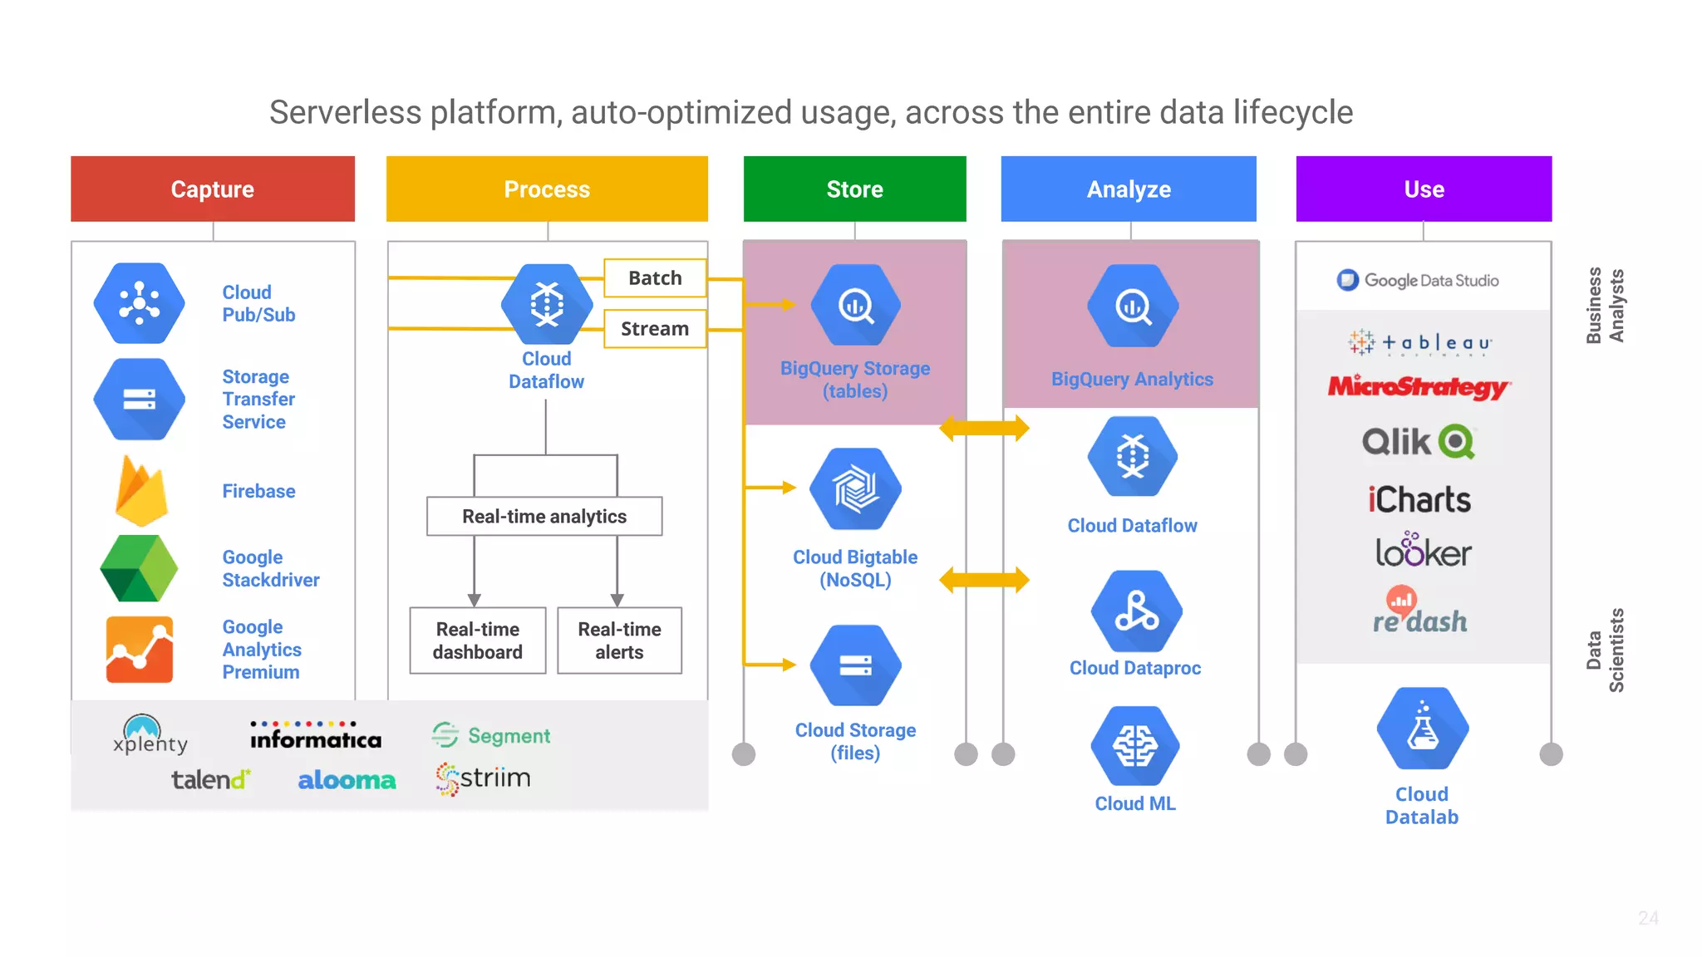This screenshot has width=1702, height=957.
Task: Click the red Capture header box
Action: (x=213, y=189)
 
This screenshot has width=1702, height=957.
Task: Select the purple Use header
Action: (x=1424, y=189)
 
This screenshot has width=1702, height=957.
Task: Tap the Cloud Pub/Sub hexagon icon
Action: (x=139, y=303)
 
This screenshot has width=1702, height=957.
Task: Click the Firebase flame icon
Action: (x=141, y=491)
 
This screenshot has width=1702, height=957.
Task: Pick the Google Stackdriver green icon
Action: (x=139, y=568)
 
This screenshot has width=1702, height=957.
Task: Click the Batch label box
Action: (x=655, y=278)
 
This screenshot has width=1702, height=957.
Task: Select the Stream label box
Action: (x=655, y=329)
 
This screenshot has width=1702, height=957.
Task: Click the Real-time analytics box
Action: (x=544, y=516)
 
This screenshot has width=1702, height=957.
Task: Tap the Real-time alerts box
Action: (x=619, y=640)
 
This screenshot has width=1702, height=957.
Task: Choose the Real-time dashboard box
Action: (x=478, y=640)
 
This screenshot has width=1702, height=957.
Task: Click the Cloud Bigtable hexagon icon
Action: (x=855, y=488)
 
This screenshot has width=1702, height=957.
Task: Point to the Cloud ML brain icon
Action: (x=1135, y=745)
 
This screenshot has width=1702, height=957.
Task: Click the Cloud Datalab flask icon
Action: (x=1422, y=729)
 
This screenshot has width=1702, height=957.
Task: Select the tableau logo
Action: (x=1420, y=342)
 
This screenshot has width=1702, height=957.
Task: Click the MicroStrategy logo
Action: (x=1419, y=387)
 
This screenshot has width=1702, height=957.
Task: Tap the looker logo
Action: (x=1423, y=551)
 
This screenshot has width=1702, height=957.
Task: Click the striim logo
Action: (x=484, y=778)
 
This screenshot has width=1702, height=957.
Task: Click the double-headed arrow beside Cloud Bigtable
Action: (x=984, y=579)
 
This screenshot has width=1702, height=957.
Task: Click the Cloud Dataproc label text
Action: (x=1135, y=668)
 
